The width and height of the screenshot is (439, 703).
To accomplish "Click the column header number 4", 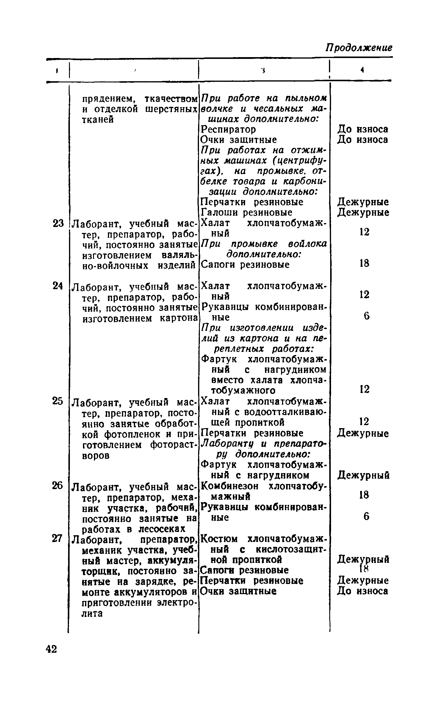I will tap(362, 70).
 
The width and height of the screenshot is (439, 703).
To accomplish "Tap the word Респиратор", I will tap(228, 129).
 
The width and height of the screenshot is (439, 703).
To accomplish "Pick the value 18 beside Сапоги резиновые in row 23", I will tap(364, 263).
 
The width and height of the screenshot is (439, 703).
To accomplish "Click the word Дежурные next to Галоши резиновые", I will tap(363, 212).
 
